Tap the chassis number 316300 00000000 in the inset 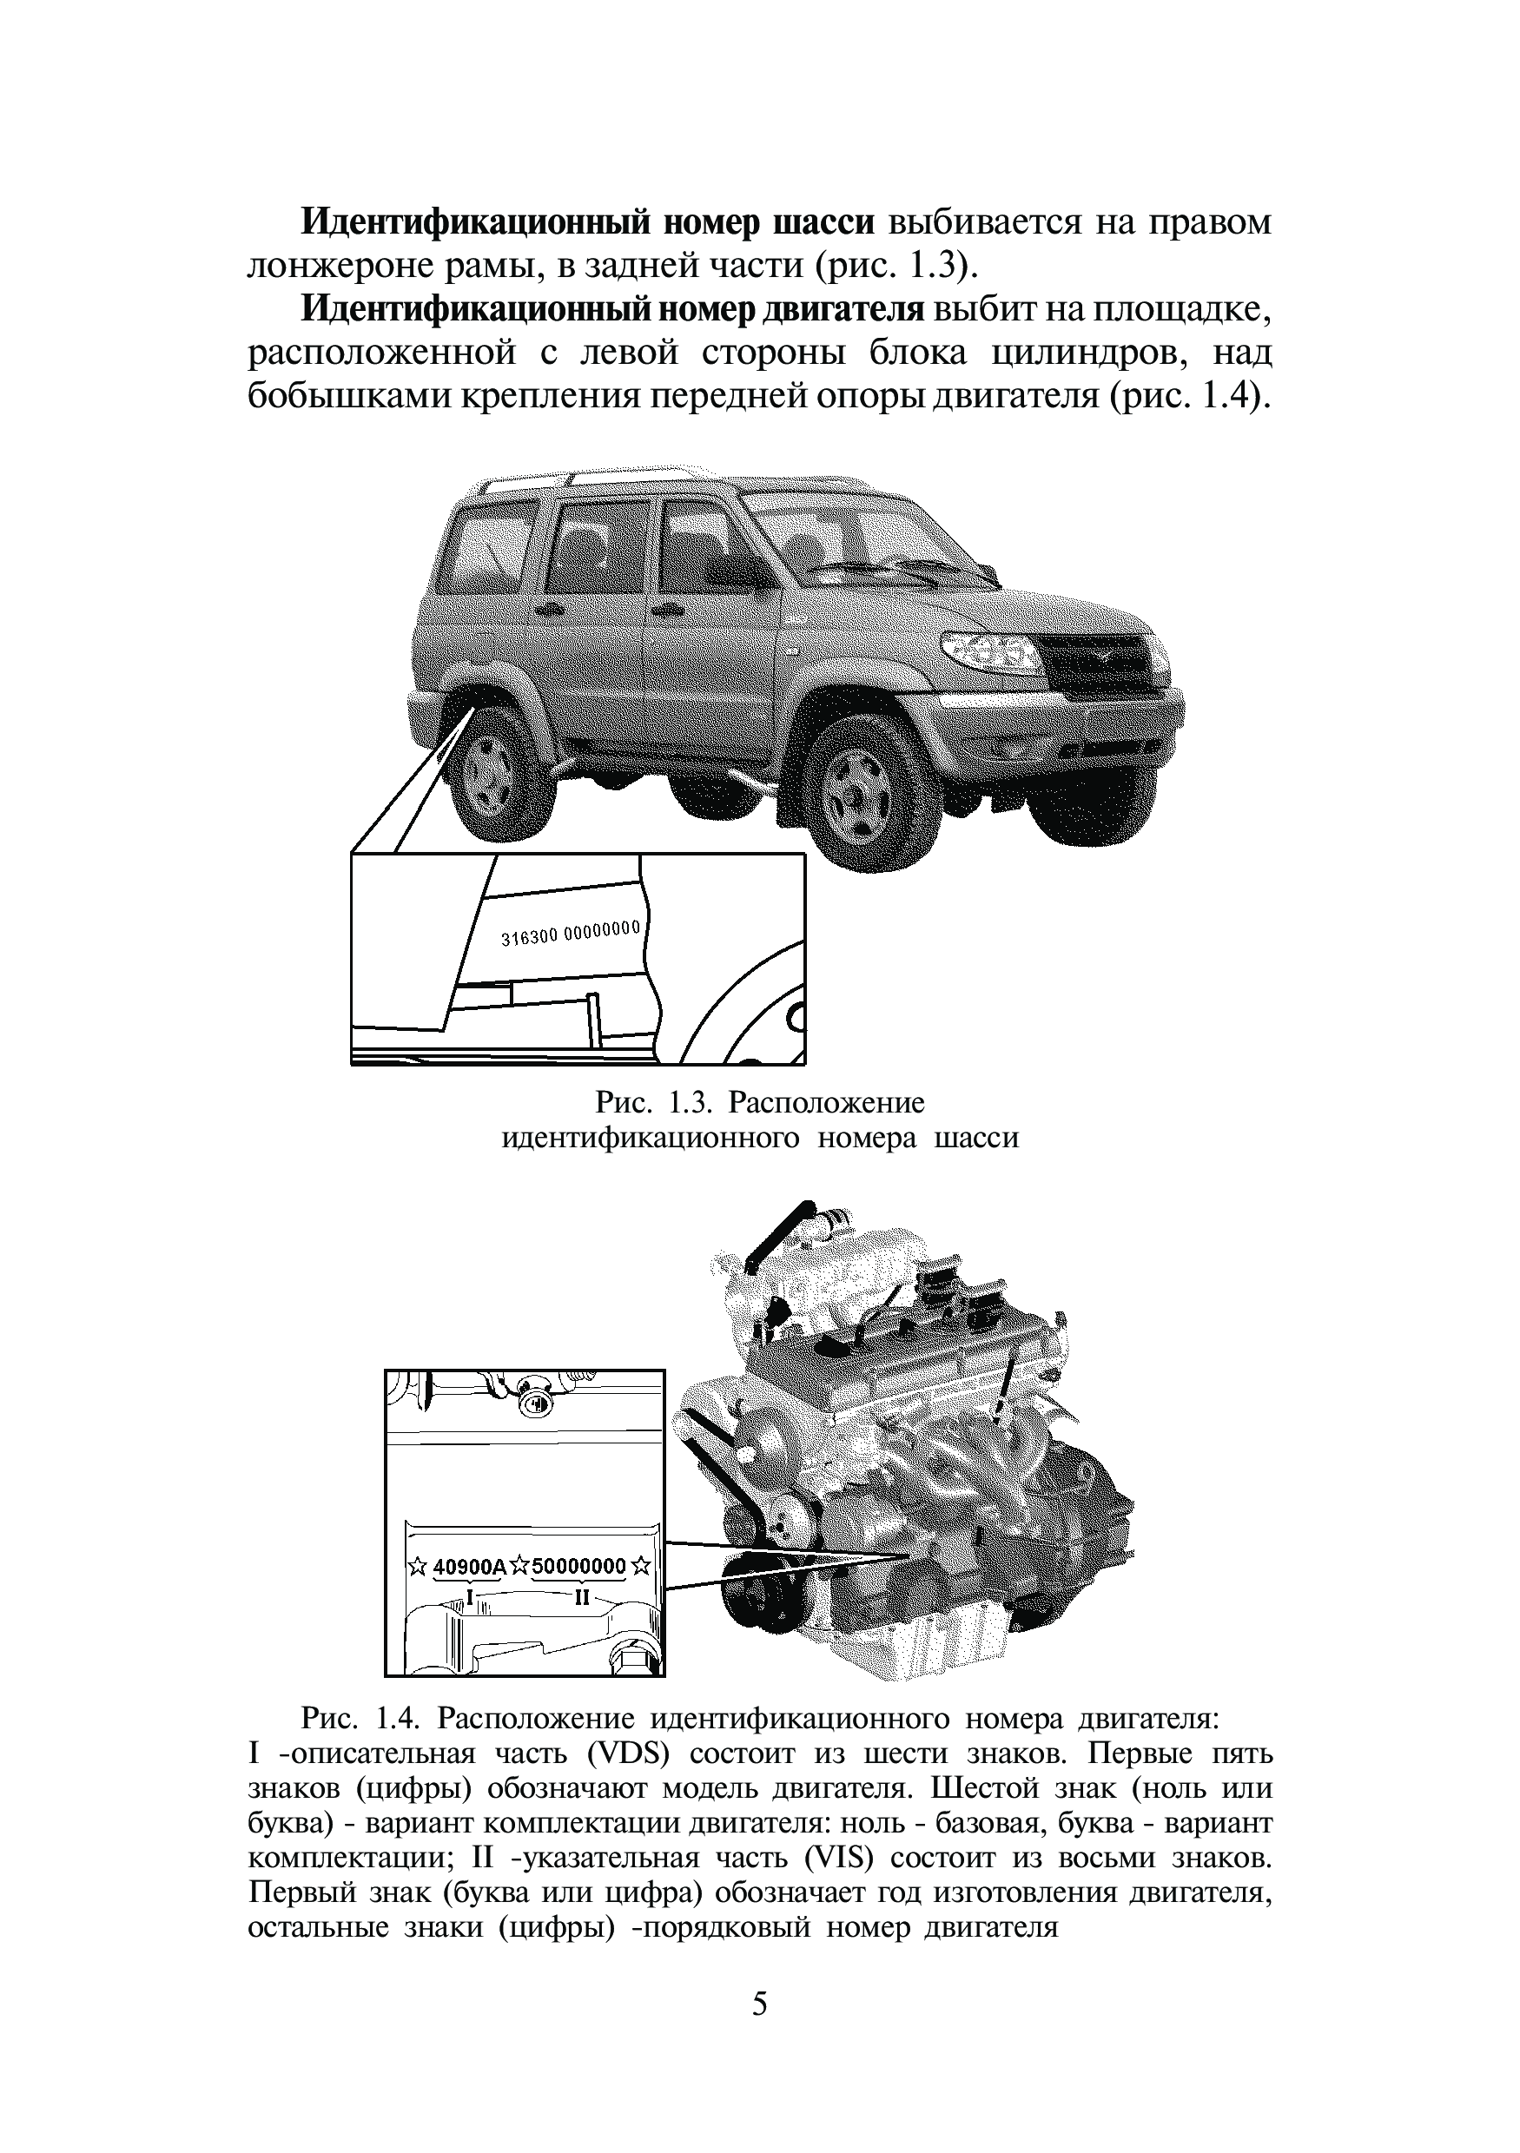click(570, 933)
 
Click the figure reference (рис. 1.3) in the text click(894, 267)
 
